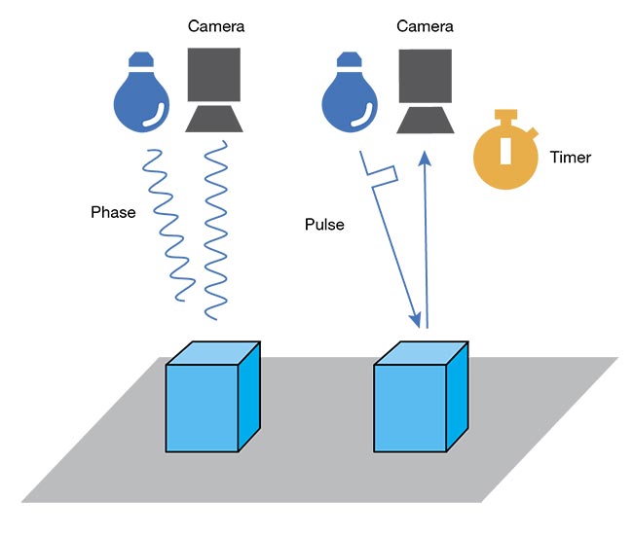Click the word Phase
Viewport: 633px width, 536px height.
point(114,212)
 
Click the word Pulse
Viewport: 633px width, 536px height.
point(325,225)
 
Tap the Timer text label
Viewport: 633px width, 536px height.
point(570,157)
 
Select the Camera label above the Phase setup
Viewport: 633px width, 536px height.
point(215,25)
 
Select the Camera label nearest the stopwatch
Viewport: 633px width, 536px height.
point(425,25)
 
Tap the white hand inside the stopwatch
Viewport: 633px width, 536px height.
point(504,151)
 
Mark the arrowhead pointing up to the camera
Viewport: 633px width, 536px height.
point(424,159)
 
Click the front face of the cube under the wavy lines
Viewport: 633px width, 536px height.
point(203,409)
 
